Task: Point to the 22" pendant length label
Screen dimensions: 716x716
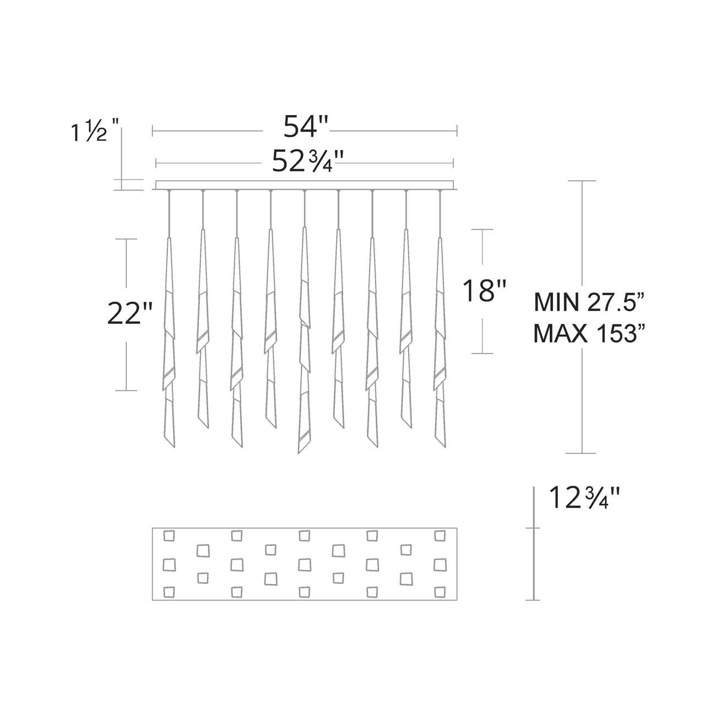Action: tap(129, 314)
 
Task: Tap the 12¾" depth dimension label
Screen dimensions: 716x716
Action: tap(584, 499)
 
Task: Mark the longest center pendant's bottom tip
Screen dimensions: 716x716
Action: tap(299, 452)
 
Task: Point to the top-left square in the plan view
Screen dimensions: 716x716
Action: tap(169, 535)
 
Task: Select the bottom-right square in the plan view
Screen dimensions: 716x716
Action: tap(439, 591)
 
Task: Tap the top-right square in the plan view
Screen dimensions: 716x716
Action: tap(440, 535)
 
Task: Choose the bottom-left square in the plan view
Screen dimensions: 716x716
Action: tap(169, 592)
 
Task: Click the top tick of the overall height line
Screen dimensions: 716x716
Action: tap(582, 181)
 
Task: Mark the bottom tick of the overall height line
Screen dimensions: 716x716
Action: tap(582, 453)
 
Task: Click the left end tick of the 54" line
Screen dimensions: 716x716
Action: tap(153, 131)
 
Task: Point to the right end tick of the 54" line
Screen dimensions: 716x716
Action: tap(457, 131)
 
